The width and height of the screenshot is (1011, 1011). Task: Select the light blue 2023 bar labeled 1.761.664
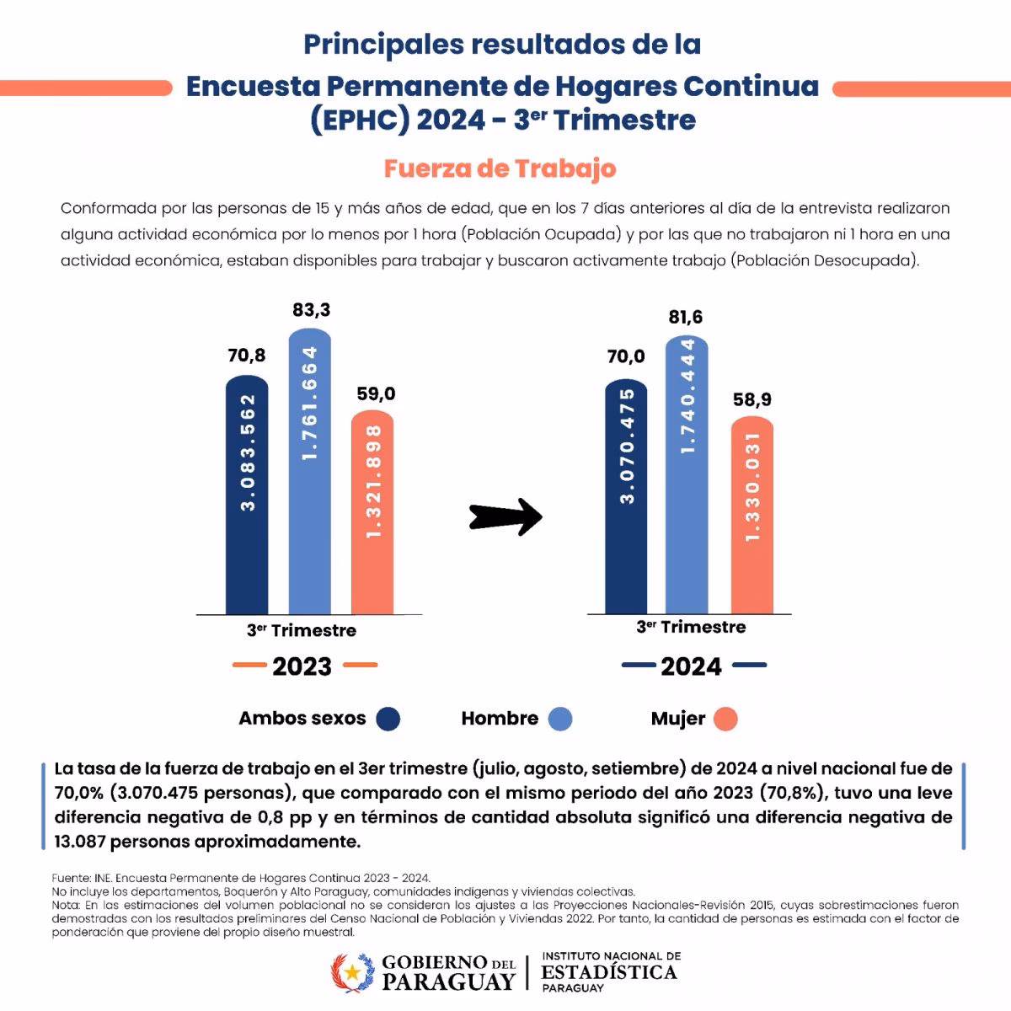click(x=310, y=472)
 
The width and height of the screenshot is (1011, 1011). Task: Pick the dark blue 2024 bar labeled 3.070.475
click(x=626, y=497)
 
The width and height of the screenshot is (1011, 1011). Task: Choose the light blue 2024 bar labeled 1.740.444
click(x=687, y=475)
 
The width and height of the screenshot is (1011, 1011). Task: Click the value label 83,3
click(x=312, y=310)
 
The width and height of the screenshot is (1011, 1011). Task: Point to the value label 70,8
click(x=247, y=356)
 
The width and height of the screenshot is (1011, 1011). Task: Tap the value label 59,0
click(x=376, y=393)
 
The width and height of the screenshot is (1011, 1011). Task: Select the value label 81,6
click(x=686, y=317)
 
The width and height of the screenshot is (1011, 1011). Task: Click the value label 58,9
click(x=752, y=399)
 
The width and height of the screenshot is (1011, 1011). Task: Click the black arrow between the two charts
click(x=505, y=517)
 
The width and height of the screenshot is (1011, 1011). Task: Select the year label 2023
click(x=302, y=666)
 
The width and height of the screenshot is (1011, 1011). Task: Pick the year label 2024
click(x=692, y=666)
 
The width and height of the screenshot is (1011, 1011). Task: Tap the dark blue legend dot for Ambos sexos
click(x=388, y=719)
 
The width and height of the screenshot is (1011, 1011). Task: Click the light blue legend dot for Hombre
click(x=560, y=719)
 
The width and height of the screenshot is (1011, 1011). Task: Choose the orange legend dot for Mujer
click(x=725, y=719)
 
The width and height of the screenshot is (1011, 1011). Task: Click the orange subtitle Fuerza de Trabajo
click(x=500, y=168)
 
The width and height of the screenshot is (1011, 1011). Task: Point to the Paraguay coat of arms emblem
click(x=352, y=973)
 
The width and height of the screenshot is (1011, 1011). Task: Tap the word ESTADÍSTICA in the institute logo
click(x=609, y=972)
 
